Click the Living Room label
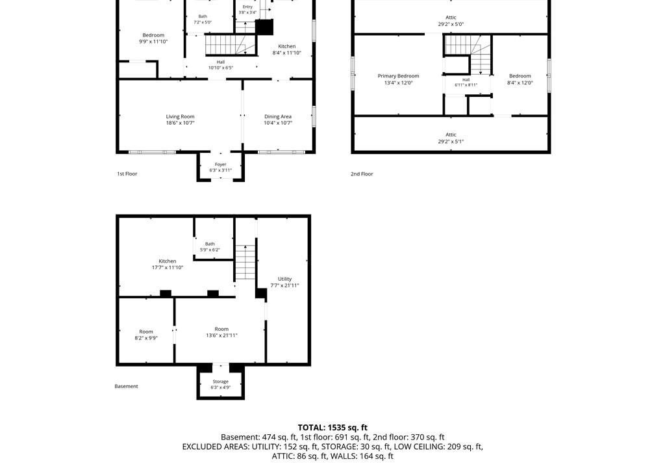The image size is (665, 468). click(181, 116)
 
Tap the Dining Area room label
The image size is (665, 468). click(278, 116)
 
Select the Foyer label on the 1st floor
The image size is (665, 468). click(221, 164)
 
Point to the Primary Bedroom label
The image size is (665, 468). click(398, 76)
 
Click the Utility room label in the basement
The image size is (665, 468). click(284, 279)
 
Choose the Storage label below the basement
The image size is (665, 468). click(221, 382)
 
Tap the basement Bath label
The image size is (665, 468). click(210, 244)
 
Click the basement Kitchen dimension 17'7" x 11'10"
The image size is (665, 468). click(168, 268)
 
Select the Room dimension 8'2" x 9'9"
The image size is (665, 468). click(146, 338)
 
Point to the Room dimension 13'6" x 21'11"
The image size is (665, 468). click(221, 335)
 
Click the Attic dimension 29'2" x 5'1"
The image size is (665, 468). click(451, 142)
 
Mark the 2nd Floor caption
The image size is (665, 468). click(362, 174)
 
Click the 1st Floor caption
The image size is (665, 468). click(127, 174)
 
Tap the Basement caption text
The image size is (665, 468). click(127, 386)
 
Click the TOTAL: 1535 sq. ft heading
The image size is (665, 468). click(332, 428)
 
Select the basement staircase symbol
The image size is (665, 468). click(245, 262)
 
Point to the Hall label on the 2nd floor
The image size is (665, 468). click(466, 79)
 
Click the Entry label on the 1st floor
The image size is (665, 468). click(247, 6)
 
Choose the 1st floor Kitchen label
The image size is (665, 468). click(286, 46)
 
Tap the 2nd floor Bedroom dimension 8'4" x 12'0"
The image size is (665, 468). click(520, 83)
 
